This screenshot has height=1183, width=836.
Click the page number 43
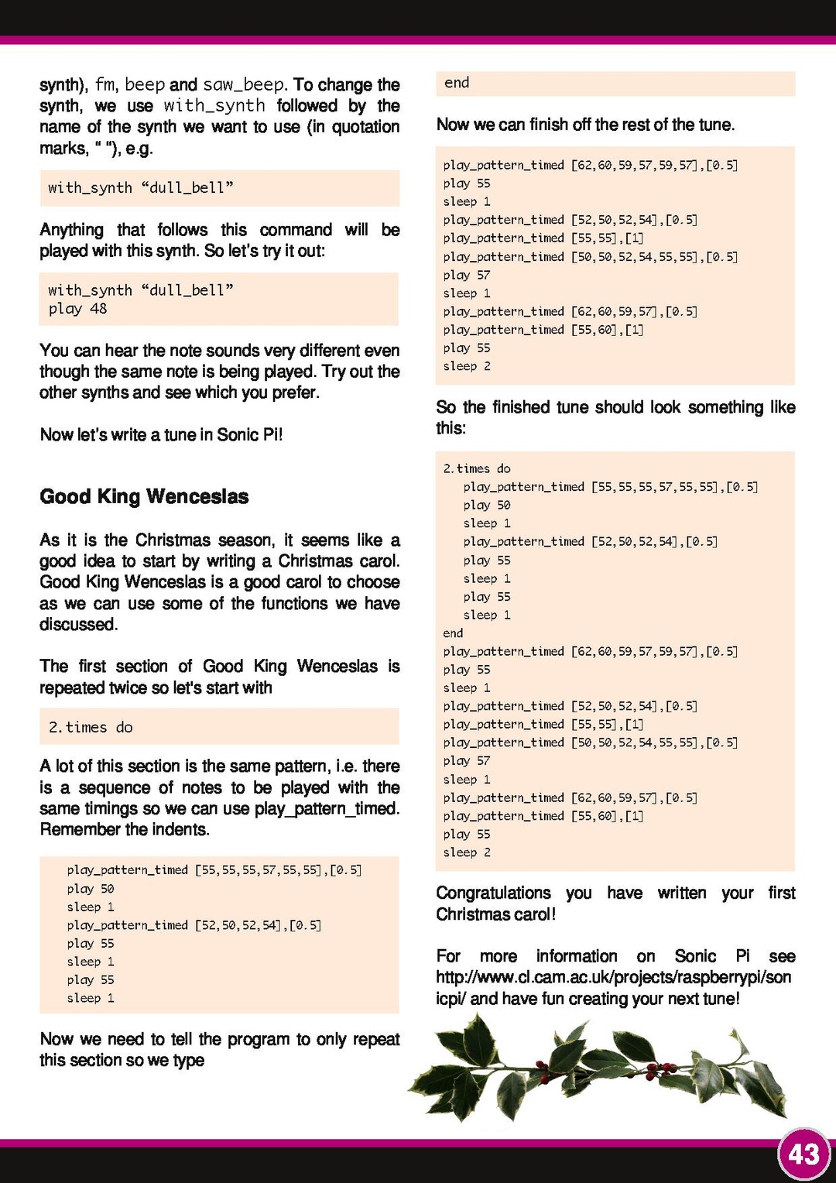pos(803,1154)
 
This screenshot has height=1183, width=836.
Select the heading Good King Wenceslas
pos(144,496)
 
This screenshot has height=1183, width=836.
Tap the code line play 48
pos(77,309)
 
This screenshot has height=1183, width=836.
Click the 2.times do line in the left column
pos(91,727)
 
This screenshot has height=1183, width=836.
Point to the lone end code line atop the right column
pos(457,83)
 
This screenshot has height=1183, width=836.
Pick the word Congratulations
pos(493,893)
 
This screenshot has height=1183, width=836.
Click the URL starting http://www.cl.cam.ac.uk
pos(613,977)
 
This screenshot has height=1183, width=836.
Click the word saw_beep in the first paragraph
pos(244,84)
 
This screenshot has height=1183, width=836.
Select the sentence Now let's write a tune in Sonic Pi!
pos(161,434)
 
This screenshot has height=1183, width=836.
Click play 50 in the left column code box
pos(90,889)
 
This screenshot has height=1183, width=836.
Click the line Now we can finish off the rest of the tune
pos(585,125)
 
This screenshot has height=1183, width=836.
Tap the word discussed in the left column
pos(77,624)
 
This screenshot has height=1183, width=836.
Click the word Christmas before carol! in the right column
pos(472,914)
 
